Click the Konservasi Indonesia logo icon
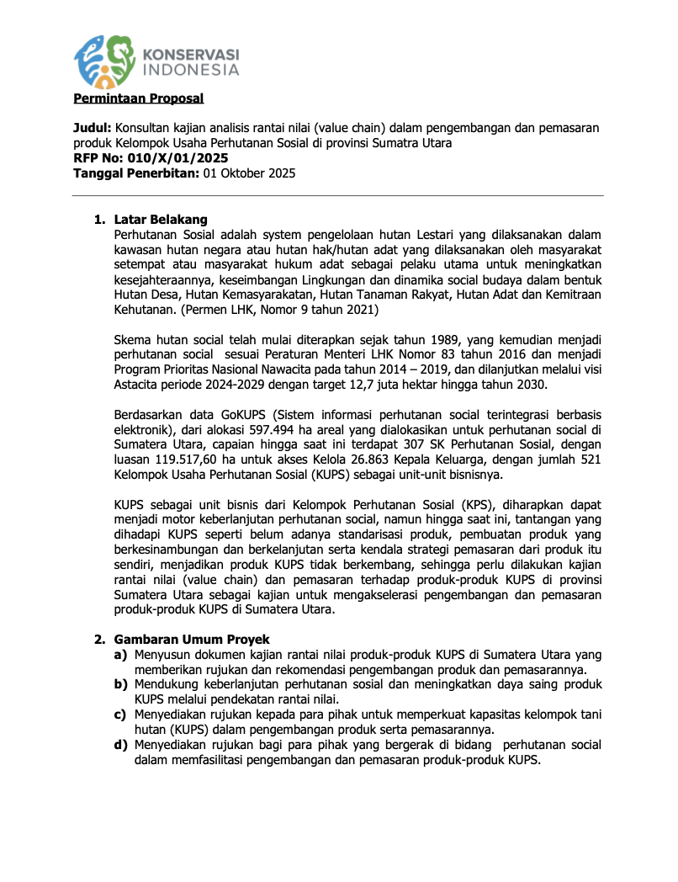pos(105,61)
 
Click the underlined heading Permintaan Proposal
pos(139,98)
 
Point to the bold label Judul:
pos(93,127)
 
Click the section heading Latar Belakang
pos(161,220)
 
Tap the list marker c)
pos(121,715)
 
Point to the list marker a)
pos(121,655)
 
